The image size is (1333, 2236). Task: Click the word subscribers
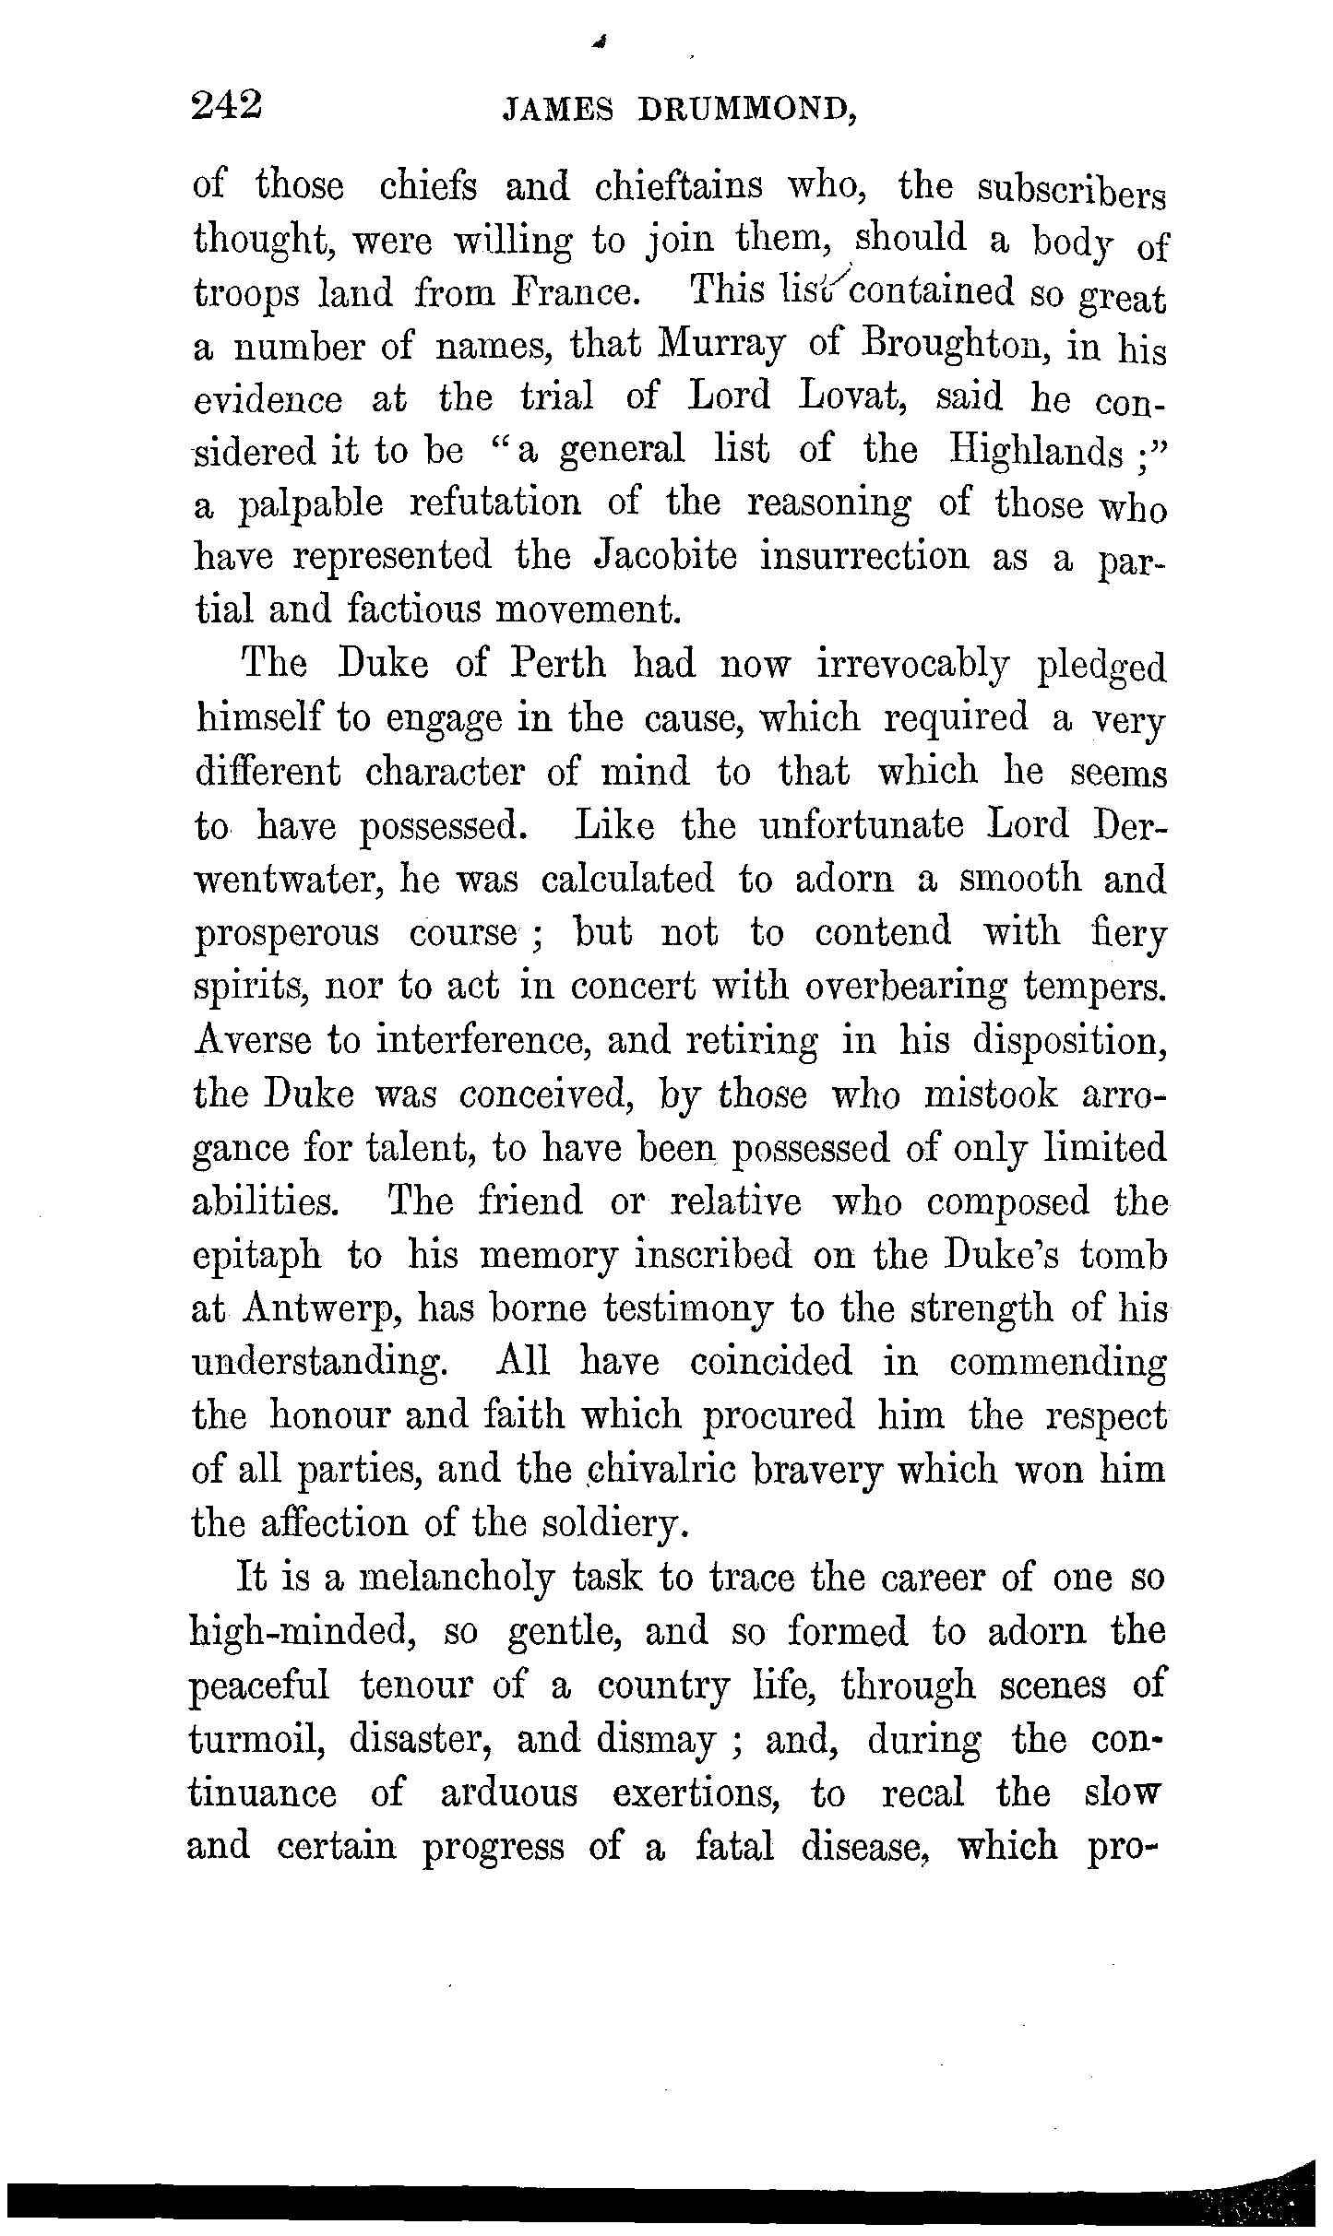coord(1072,192)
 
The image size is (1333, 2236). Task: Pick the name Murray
coord(721,349)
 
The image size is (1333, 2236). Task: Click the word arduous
coord(509,1793)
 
